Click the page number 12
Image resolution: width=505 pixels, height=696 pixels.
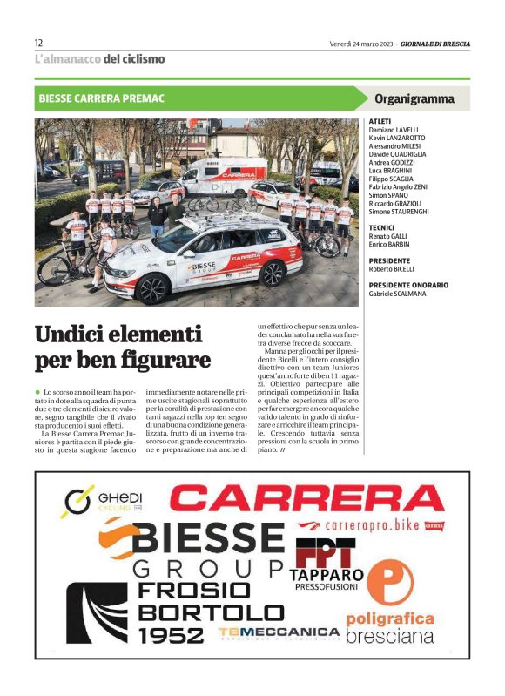(39, 43)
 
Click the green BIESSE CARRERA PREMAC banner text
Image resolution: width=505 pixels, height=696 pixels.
(102, 98)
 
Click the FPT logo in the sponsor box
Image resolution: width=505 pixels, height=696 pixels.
(325, 552)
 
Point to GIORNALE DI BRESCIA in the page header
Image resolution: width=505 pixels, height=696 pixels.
(435, 43)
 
